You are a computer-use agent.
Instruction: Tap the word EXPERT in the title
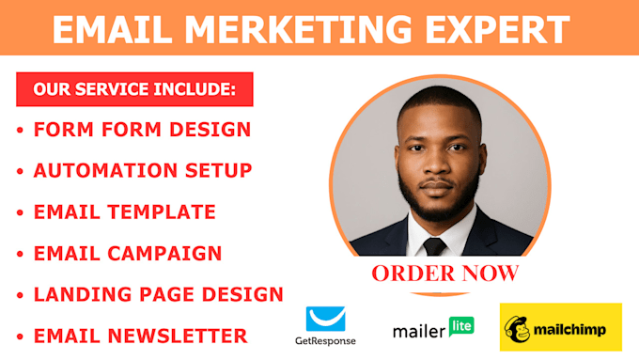[x=503, y=30]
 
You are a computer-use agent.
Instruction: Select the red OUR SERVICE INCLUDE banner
[x=134, y=90]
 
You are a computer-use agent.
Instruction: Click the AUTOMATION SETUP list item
[x=143, y=170]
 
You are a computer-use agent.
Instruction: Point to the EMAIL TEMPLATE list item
[x=124, y=211]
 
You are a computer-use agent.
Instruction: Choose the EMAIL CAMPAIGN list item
[x=128, y=253]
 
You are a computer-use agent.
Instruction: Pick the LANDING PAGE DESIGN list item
[x=158, y=294]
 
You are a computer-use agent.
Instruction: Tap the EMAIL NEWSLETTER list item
[x=140, y=336]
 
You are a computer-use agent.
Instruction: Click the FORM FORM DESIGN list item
[x=142, y=129]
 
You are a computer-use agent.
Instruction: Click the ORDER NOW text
[x=444, y=274]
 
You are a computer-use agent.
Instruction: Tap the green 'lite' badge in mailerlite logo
[x=461, y=326]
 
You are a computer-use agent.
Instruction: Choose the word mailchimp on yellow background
[x=572, y=331]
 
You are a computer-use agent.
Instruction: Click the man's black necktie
[x=434, y=246]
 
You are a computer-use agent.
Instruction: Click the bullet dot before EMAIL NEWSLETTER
[x=19, y=336]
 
